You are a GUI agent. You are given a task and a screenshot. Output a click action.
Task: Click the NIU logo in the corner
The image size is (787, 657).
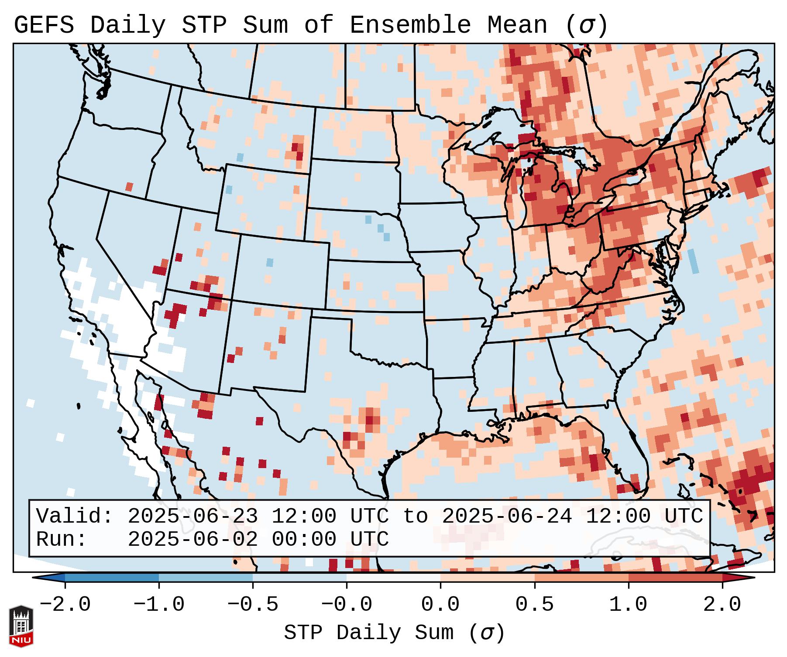click(21, 626)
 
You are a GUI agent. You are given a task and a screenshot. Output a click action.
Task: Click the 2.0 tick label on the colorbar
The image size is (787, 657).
click(722, 605)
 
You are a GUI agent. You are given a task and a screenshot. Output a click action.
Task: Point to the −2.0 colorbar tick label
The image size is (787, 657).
click(65, 605)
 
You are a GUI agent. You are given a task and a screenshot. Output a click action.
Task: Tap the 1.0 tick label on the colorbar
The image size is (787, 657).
click(628, 605)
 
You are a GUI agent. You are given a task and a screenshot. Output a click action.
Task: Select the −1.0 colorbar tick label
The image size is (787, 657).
click(159, 605)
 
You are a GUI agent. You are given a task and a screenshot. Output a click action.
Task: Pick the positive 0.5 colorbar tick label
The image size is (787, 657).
click(534, 605)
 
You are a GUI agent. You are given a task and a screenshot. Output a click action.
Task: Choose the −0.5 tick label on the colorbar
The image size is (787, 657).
click(253, 605)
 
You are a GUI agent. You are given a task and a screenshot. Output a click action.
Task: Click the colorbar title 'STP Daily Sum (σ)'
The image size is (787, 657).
click(394, 633)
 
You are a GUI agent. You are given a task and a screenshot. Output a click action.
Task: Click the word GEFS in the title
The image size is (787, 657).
click(44, 25)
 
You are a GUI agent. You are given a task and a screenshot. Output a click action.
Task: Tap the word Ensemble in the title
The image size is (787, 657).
click(410, 25)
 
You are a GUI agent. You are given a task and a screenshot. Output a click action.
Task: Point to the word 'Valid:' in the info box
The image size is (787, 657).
click(75, 517)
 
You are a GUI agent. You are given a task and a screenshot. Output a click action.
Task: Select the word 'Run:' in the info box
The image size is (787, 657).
click(62, 540)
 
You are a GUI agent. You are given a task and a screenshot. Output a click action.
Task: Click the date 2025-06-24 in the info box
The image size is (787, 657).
click(507, 517)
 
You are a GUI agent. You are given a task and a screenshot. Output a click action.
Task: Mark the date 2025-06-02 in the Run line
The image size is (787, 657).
click(192, 540)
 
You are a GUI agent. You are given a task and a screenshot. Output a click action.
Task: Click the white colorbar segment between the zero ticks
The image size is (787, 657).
click(393, 578)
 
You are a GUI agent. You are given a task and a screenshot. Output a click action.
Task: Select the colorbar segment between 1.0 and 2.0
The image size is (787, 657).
click(675, 578)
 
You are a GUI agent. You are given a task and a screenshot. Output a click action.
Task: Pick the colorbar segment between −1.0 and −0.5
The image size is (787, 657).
click(206, 578)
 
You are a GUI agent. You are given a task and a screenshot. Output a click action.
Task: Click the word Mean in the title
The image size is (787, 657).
click(517, 25)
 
